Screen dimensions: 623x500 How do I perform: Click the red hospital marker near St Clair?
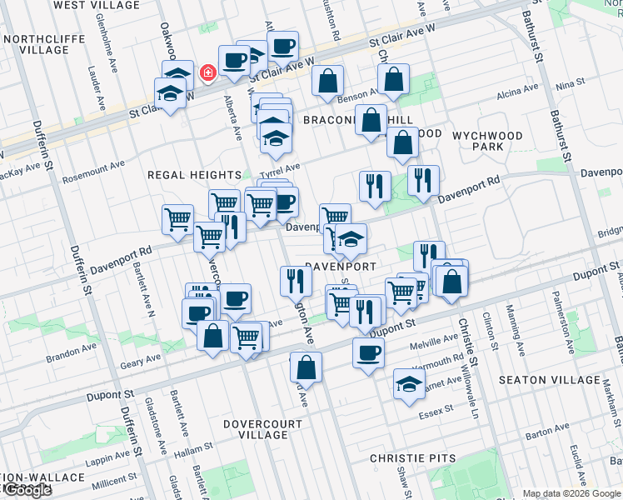[x=207, y=73]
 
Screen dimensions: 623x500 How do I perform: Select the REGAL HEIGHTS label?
[x=194, y=175]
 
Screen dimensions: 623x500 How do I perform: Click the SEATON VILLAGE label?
[x=549, y=380]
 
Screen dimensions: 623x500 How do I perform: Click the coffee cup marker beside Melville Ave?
[x=368, y=352]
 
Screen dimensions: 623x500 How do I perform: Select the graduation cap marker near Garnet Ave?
[x=409, y=385]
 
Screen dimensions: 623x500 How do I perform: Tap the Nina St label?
[x=570, y=85]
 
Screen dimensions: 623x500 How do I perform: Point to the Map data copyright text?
[x=571, y=493]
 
